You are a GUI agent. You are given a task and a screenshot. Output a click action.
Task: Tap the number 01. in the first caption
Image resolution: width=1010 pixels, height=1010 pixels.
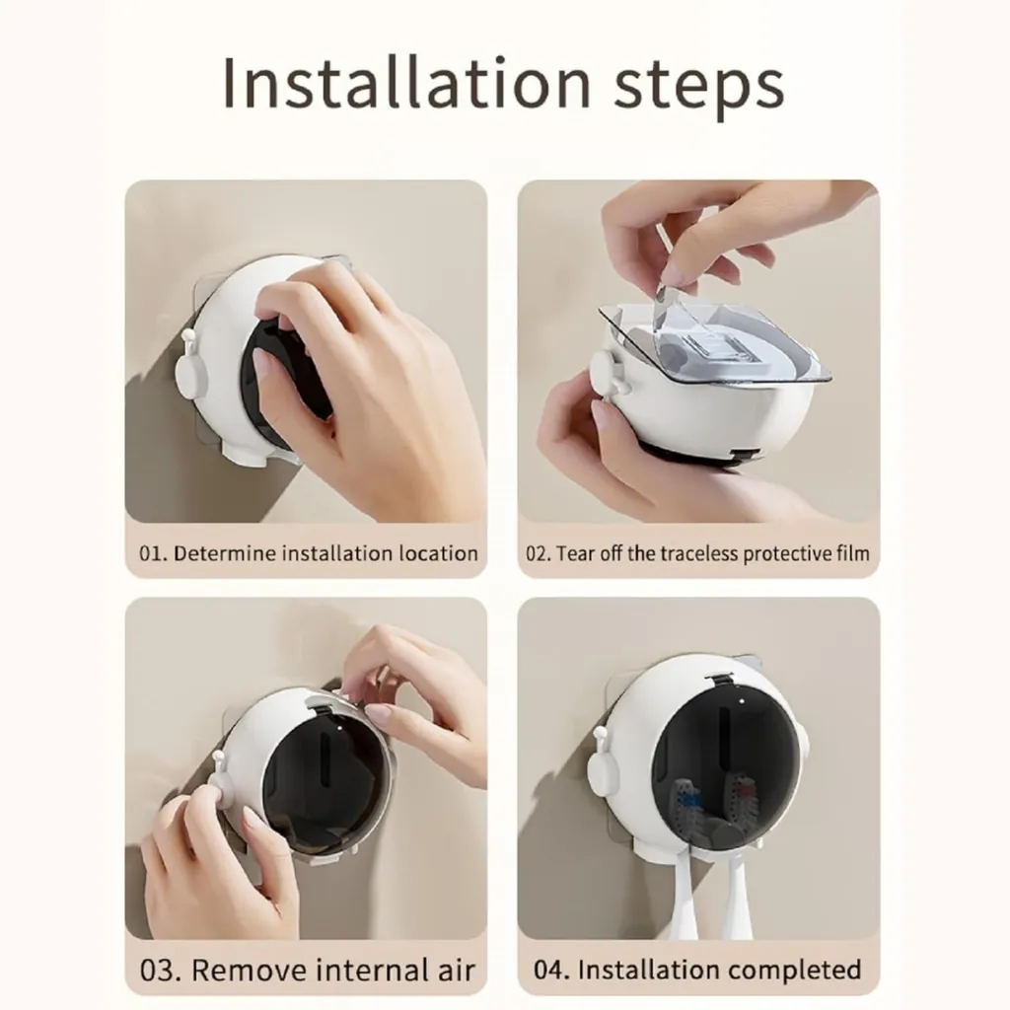(x=153, y=553)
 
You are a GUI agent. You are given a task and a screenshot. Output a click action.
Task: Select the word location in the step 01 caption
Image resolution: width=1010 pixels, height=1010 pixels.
(x=438, y=553)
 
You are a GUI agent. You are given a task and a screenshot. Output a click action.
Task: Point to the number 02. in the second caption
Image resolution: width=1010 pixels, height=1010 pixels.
(x=540, y=553)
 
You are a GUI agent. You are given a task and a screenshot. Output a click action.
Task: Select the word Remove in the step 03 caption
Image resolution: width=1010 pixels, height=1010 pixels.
(x=248, y=971)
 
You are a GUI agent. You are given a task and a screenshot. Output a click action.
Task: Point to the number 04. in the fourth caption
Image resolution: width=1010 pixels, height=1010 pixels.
(x=551, y=971)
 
